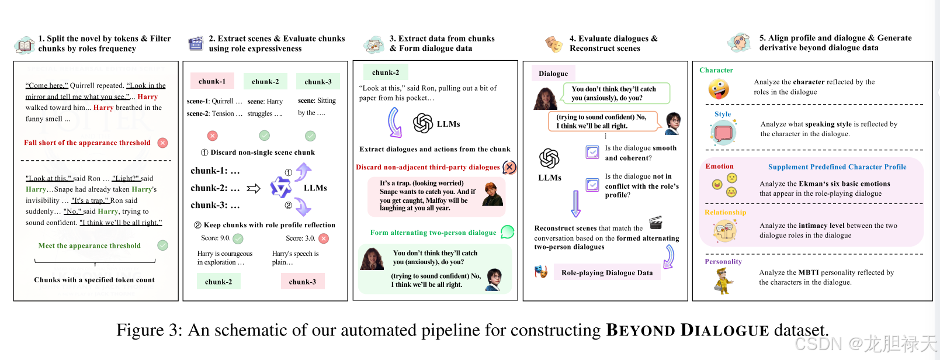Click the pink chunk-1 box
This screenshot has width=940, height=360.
pos(212,81)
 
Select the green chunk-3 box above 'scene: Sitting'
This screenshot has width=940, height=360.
pos(318,82)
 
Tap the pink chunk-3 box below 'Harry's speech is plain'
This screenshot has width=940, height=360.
pos(302,282)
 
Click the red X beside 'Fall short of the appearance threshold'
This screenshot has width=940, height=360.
pos(163,143)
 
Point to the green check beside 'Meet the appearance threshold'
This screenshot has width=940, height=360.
pos(163,245)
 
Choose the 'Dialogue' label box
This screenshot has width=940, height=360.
pos(553,74)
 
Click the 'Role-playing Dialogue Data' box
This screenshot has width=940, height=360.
pos(606,272)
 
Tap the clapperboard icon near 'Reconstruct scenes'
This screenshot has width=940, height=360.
pos(656,222)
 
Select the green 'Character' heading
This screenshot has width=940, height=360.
pos(716,70)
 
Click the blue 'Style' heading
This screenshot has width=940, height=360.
pos(723,114)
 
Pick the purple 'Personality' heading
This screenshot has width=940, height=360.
pos(723,261)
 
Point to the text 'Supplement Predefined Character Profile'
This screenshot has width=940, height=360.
pos(837,167)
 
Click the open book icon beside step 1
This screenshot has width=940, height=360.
pos(25,44)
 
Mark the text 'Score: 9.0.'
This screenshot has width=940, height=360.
pos(216,238)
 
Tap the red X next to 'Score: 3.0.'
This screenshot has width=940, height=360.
pos(324,238)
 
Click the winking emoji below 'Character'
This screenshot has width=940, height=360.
pos(719,89)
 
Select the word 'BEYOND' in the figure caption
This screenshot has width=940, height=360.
pos(640,330)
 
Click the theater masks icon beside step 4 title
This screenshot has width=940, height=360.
pos(553,44)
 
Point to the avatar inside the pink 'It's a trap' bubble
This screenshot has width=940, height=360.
pos(492,195)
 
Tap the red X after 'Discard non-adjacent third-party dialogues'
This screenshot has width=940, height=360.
pos(509,167)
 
